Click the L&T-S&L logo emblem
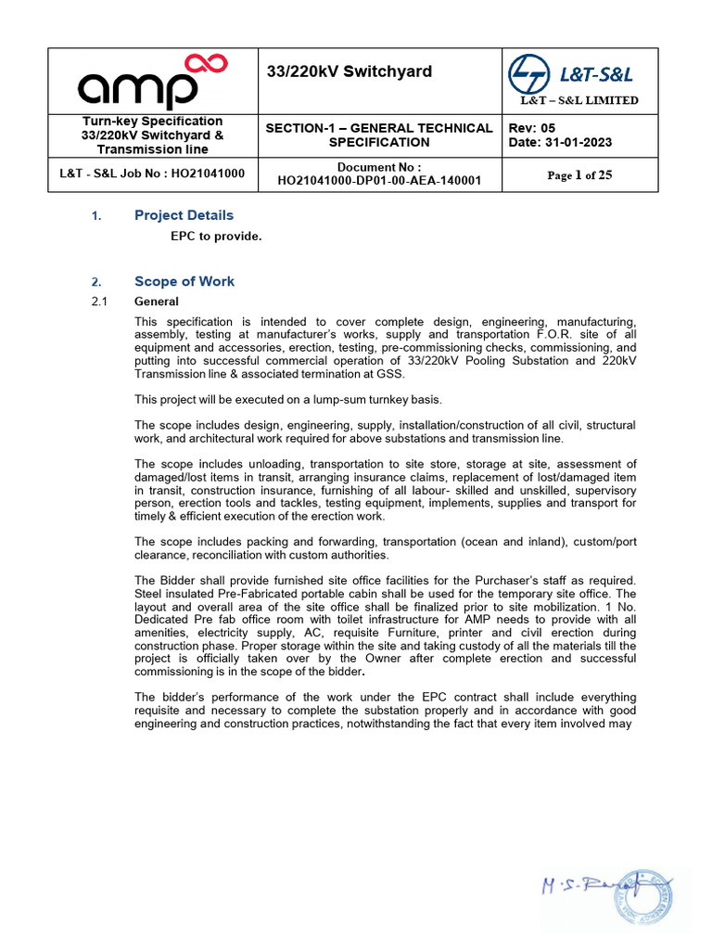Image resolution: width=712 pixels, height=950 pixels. [x=528, y=73]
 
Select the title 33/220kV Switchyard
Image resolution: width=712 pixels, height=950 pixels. [x=349, y=71]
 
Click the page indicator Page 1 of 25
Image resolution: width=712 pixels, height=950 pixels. [x=579, y=174]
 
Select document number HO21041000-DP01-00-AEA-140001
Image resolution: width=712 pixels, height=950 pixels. [x=379, y=181]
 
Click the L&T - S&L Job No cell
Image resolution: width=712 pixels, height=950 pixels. [x=152, y=173]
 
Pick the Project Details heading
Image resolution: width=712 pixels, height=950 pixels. [x=184, y=215]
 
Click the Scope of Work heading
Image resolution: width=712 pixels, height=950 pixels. [x=184, y=281]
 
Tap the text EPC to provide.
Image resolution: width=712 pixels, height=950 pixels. [x=216, y=236]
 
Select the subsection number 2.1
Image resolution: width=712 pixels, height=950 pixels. [x=100, y=302]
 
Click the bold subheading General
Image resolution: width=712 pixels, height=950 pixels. [x=157, y=302]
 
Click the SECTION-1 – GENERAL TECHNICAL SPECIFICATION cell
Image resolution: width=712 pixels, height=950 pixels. [x=379, y=135]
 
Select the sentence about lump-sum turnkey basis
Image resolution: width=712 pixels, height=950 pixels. [x=288, y=399]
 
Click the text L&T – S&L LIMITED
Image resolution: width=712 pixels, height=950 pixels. [x=578, y=100]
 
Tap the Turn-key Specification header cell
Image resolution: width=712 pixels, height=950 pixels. [x=152, y=135]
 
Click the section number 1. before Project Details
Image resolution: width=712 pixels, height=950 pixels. [x=96, y=216]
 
